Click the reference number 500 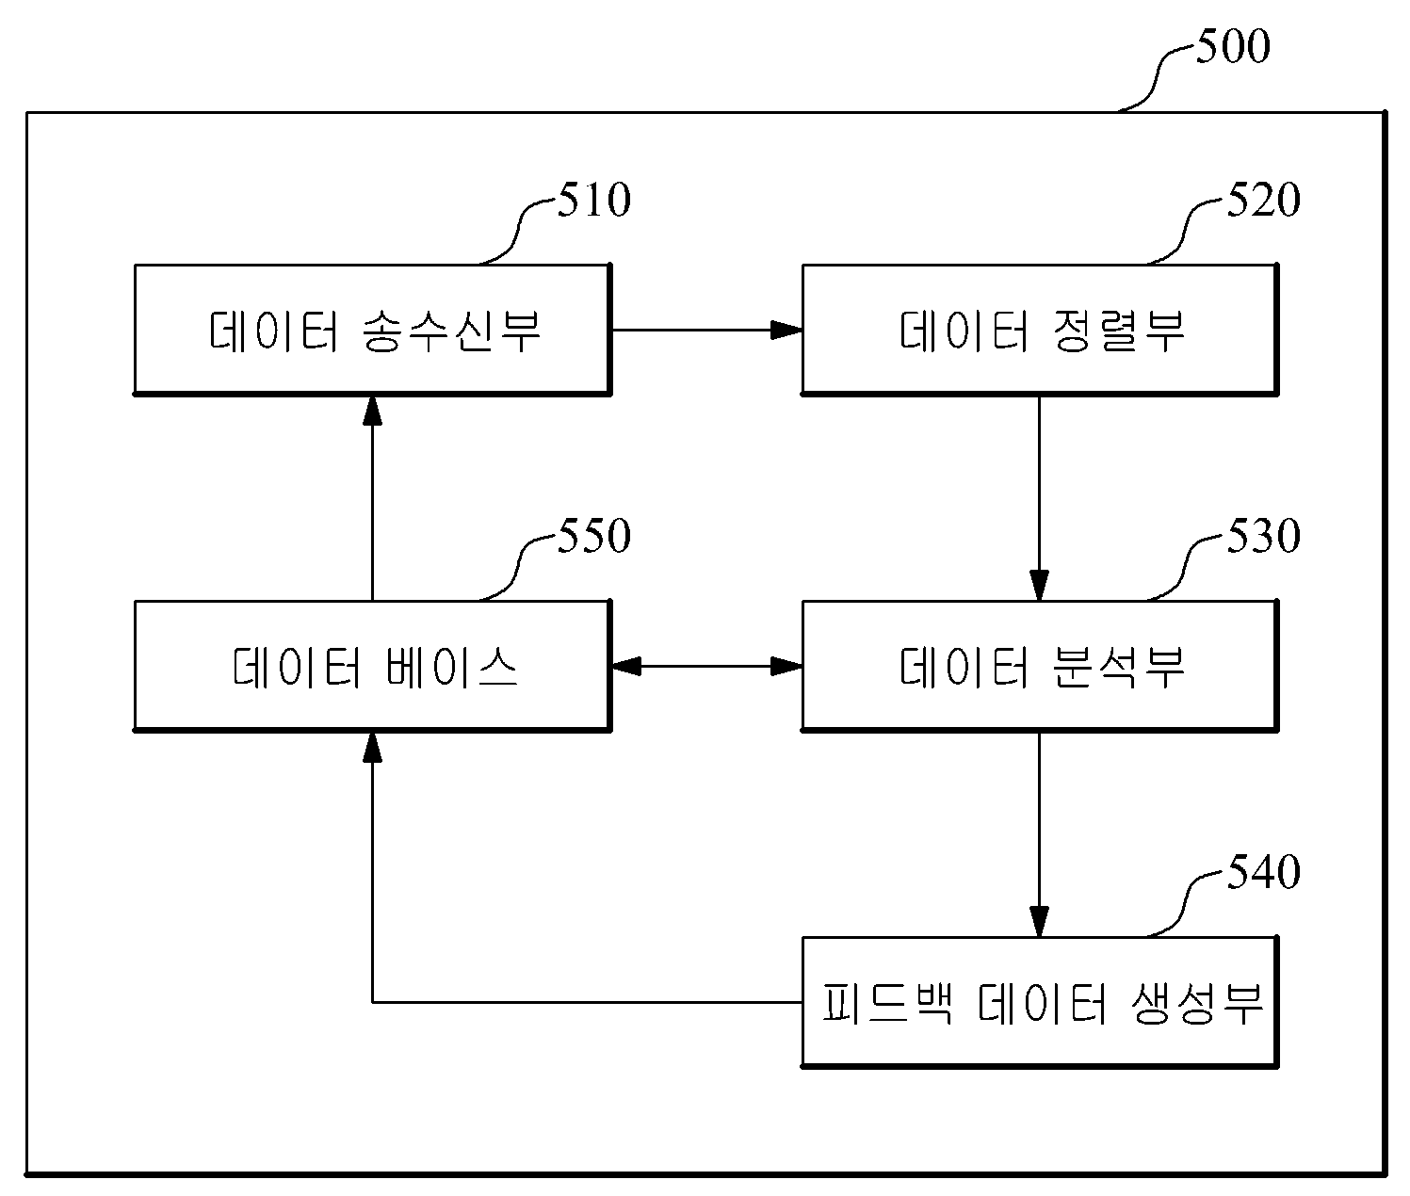coord(1233,46)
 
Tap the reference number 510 coord(594,200)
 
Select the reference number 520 coord(1263,200)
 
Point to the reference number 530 coord(1263,536)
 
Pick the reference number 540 coord(1263,872)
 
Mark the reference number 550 coord(594,536)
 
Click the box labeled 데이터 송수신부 coord(372,330)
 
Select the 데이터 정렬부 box coord(1040,330)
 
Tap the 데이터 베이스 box coord(372,666)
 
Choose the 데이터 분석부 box coord(1040,666)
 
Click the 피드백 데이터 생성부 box coord(1040,1002)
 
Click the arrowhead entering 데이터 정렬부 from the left coord(786,330)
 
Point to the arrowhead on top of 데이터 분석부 coord(1039,585)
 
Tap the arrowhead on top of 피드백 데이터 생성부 coord(1039,921)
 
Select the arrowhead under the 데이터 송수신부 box coord(372,411)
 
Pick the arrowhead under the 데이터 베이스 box coord(372,748)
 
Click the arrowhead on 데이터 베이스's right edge coord(627,666)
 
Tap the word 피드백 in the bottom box coord(887,1003)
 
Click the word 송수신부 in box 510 coord(451,331)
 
